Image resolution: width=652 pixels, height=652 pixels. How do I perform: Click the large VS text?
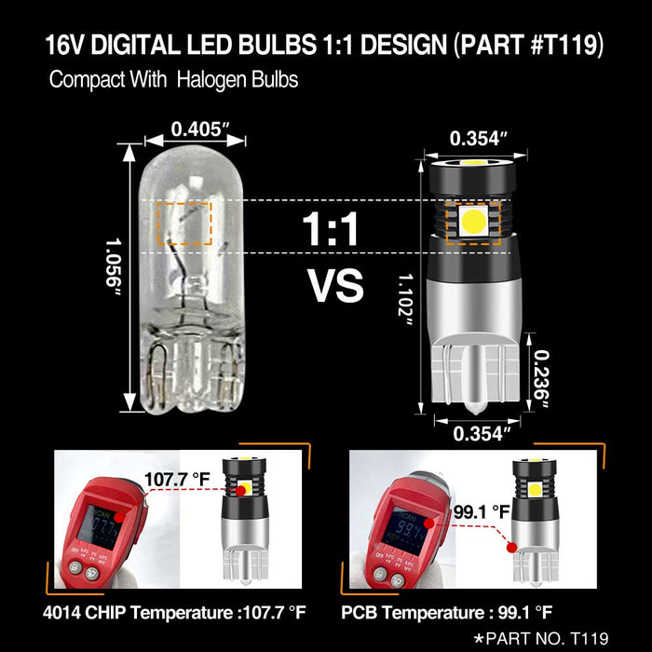click(x=335, y=286)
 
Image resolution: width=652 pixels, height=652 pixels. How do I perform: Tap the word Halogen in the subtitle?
click(x=217, y=80)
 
